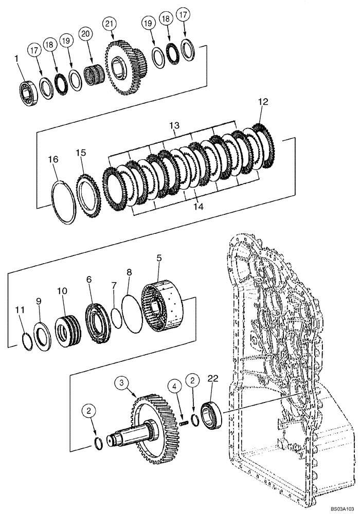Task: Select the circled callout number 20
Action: [85, 34]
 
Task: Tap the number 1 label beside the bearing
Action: [17, 60]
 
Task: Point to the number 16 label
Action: [53, 159]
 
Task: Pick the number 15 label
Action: [81, 153]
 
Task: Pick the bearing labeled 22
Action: [211, 412]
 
